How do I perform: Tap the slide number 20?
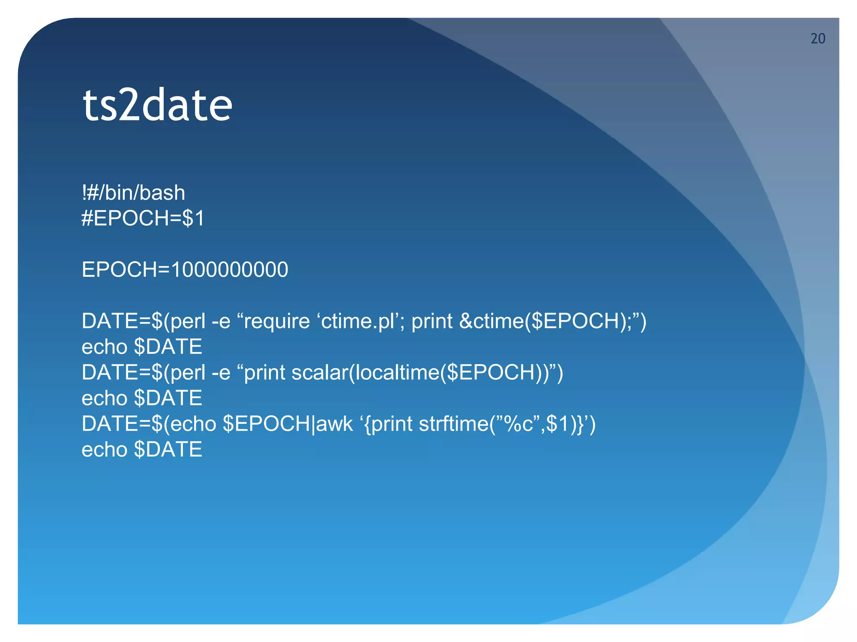tap(818, 38)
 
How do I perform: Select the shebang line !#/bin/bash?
tap(133, 193)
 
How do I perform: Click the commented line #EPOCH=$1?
tap(143, 218)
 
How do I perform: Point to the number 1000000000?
tap(230, 270)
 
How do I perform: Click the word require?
tap(277, 321)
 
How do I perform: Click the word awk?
tap(334, 424)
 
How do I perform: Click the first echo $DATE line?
tap(142, 347)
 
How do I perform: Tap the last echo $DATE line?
tap(142, 450)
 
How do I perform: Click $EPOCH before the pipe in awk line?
tap(267, 424)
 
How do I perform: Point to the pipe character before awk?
tap(313, 424)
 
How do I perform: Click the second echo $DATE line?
tap(142, 398)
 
